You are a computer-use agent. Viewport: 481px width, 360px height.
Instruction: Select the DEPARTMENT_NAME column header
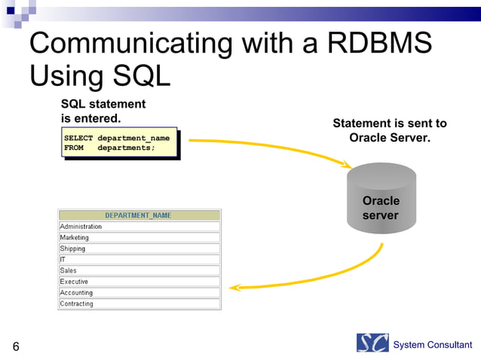click(x=139, y=215)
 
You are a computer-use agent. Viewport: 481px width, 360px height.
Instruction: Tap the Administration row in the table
click(x=139, y=227)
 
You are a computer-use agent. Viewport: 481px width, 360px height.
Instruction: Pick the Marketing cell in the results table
click(x=139, y=237)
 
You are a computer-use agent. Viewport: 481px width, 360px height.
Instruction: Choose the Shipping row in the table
click(x=139, y=249)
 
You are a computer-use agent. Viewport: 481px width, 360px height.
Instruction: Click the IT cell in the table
click(x=139, y=260)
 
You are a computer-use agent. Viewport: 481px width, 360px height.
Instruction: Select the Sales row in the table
click(x=139, y=270)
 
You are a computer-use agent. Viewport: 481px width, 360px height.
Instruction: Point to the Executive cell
click(x=139, y=282)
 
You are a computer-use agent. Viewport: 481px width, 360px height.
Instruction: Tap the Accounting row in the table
click(x=139, y=293)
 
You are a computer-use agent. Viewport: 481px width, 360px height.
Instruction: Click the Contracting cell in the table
click(x=139, y=304)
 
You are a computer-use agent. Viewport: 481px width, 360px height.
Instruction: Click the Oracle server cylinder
click(x=381, y=200)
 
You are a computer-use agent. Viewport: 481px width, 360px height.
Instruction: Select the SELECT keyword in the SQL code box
click(x=78, y=139)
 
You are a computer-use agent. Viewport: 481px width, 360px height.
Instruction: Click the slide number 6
click(x=15, y=347)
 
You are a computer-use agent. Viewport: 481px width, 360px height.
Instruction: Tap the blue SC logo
click(x=372, y=343)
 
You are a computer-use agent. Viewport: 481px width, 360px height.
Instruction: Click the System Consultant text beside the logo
click(x=433, y=345)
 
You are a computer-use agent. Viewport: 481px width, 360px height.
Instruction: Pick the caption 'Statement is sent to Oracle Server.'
click(x=390, y=130)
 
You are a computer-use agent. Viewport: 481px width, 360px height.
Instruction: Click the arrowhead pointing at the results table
click(x=234, y=287)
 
